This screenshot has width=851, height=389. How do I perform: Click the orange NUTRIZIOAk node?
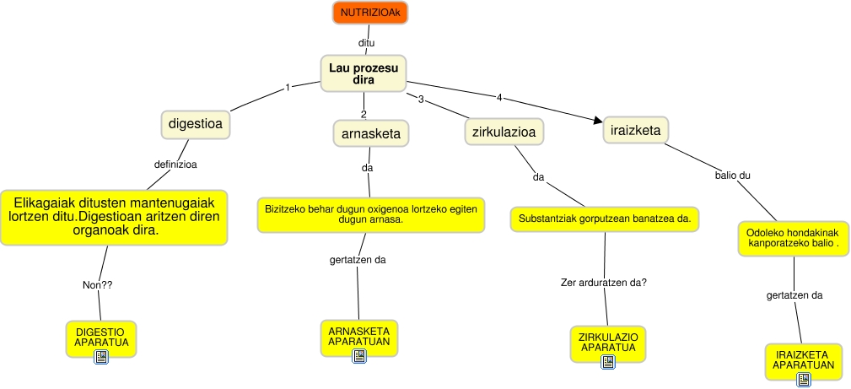pyautogui.click(x=369, y=13)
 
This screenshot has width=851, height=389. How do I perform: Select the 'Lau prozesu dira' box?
pyautogui.click(x=363, y=73)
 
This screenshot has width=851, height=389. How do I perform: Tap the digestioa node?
pyautogui.click(x=196, y=124)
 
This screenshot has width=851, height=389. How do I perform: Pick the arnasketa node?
pyautogui.click(x=371, y=133)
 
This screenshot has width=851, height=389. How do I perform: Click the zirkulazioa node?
pyautogui.click(x=504, y=132)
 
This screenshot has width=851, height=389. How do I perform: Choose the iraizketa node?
pyautogui.click(x=636, y=131)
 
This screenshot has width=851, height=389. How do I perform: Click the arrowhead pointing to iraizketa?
pyautogui.click(x=598, y=122)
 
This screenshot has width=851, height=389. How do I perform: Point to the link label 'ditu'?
pyautogui.click(x=366, y=43)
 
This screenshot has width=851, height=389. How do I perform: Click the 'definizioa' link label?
pyautogui.click(x=175, y=164)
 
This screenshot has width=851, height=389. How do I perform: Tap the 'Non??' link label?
pyautogui.click(x=98, y=284)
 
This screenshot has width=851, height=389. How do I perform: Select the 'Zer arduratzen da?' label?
pyautogui.click(x=604, y=283)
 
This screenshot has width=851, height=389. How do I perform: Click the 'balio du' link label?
pyautogui.click(x=733, y=176)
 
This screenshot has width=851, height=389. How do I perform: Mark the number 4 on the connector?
pyautogui.click(x=499, y=98)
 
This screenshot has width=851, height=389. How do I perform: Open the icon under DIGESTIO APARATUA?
pyautogui.click(x=101, y=356)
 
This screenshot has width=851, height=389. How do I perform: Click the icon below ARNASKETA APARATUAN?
pyautogui.click(x=359, y=356)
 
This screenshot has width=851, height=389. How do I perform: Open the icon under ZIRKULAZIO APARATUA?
pyautogui.click(x=608, y=362)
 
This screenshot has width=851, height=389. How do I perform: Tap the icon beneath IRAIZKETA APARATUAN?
pyautogui.click(x=804, y=379)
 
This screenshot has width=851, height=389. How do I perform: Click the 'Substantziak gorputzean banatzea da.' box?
pyautogui.click(x=605, y=219)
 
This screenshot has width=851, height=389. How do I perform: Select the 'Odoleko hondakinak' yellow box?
pyautogui.click(x=793, y=239)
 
